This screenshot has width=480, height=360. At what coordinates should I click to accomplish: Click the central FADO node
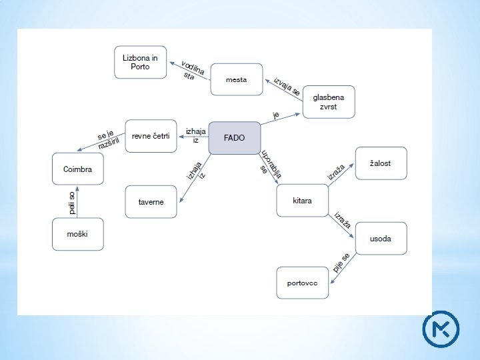(x=234, y=138)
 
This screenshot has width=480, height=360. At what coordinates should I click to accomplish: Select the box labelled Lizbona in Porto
(x=140, y=62)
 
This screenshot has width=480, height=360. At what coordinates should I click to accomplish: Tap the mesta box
(x=236, y=80)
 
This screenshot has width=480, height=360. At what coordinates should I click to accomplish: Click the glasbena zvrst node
(x=328, y=101)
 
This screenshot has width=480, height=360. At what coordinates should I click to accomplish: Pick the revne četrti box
(x=151, y=136)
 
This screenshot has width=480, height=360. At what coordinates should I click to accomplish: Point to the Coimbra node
(x=78, y=169)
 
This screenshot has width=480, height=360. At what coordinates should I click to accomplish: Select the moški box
(x=78, y=234)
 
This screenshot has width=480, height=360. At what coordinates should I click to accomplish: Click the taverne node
(x=151, y=201)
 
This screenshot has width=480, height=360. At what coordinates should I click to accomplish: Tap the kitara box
(x=302, y=200)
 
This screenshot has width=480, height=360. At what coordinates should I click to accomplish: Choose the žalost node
(x=380, y=163)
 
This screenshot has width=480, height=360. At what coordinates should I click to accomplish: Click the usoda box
(x=380, y=238)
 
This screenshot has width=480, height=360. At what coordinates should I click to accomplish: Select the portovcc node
(x=302, y=283)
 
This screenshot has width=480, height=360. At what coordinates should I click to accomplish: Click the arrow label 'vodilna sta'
(x=191, y=70)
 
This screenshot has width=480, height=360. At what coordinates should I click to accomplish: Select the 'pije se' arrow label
(x=341, y=263)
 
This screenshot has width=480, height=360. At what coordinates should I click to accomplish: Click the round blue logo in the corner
(x=441, y=329)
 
